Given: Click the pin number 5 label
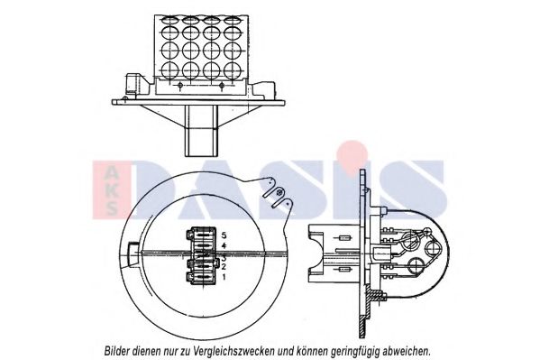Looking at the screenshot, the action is click(224, 235).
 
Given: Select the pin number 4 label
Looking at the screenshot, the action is click(224, 245).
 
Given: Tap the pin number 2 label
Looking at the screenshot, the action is click(224, 266).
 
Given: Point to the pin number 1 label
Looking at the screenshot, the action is click(224, 277).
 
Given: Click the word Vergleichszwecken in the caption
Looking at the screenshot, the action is click(234, 351).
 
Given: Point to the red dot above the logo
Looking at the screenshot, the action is click(352, 153).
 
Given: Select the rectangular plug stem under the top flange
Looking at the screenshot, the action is click(201, 131).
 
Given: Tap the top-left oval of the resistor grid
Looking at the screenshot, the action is click(170, 20).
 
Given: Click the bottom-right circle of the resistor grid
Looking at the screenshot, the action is click(233, 70).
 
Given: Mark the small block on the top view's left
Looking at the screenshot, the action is click(133, 83).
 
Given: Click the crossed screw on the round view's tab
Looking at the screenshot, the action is click(280, 191).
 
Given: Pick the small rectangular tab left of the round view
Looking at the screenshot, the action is click(133, 254).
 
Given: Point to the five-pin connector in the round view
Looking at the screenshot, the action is click(203, 256).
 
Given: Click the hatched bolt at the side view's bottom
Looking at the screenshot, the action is click(376, 296).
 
